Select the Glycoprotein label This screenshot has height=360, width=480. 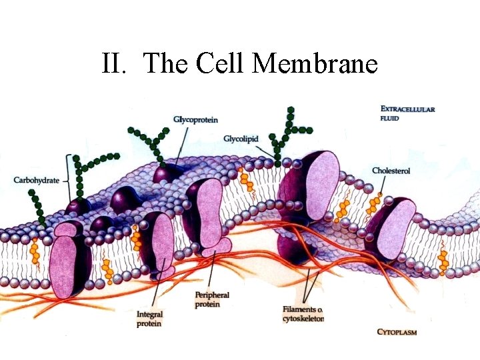[195, 119]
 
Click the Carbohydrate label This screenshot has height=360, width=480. [37, 180]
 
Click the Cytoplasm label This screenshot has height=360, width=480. [397, 331]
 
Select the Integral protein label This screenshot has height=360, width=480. [149, 319]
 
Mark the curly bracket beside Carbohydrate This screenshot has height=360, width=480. [67, 179]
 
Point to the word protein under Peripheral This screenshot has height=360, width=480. [207, 304]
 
